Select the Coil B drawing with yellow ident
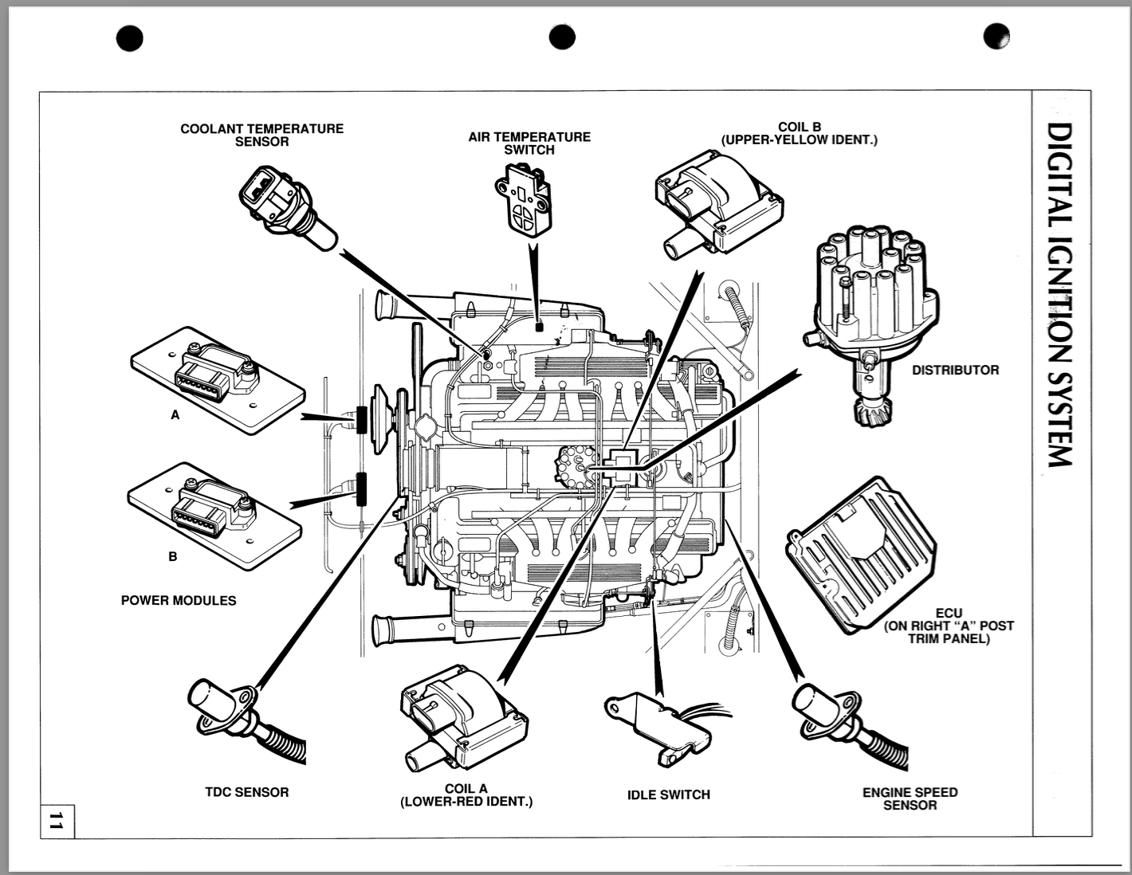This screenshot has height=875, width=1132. [x=717, y=203]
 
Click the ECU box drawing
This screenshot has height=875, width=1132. [x=861, y=554]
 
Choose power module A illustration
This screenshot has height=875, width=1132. [x=217, y=379]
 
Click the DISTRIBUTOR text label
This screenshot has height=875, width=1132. [x=955, y=370]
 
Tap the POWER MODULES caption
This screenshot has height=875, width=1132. [x=179, y=600]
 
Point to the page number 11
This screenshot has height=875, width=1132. [x=56, y=822]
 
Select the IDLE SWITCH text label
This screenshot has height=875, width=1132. [x=668, y=795]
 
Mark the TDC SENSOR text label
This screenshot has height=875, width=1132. [x=246, y=792]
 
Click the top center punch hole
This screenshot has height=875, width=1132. [x=562, y=37]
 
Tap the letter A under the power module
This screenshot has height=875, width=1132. [x=175, y=415]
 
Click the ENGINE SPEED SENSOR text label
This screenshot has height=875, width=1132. [x=910, y=798]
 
